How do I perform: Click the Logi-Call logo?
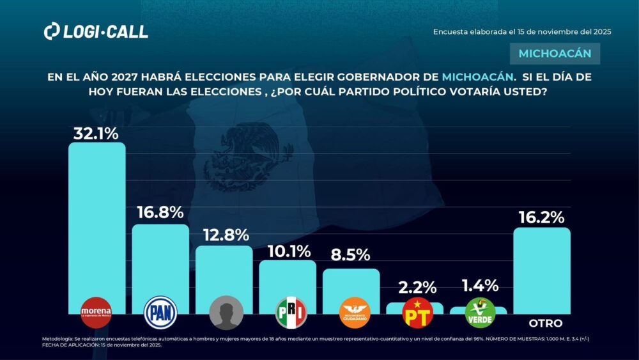96,31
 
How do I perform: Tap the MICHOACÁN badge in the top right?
555,54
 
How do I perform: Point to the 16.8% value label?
160,212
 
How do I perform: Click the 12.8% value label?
224,235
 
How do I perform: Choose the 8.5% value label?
351,254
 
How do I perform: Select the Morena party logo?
96,313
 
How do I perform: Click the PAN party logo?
160,313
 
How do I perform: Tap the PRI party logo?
291,313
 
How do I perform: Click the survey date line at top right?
522,31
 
